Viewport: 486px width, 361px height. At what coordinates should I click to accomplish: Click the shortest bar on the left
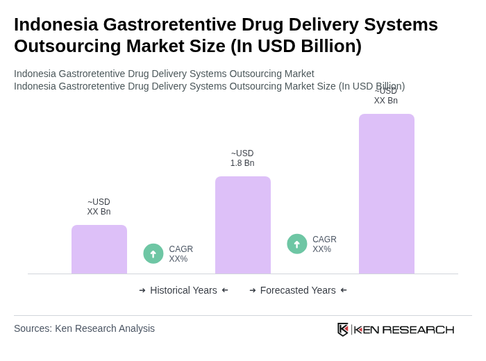tap(99, 249)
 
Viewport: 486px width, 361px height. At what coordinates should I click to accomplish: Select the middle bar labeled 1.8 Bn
tap(243, 225)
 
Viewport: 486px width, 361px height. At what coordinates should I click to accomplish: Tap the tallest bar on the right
tap(387, 194)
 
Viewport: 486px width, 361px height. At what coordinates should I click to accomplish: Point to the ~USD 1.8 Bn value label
tap(242, 158)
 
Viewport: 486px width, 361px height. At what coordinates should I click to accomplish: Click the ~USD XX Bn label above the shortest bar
tap(99, 207)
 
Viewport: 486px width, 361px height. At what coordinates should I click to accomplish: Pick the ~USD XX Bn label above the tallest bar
tap(386, 96)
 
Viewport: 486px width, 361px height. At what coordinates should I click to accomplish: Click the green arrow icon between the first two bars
tap(153, 253)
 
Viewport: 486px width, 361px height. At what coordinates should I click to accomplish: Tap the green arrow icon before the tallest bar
tap(297, 244)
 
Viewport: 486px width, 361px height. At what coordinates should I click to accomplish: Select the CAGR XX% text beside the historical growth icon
tap(181, 254)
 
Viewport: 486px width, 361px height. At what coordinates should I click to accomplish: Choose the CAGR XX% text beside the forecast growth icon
tap(324, 244)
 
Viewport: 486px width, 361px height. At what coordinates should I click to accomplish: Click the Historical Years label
tap(183, 290)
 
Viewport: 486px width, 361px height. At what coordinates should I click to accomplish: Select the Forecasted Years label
tap(298, 290)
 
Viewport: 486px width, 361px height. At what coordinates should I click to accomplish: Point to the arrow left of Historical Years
tap(142, 290)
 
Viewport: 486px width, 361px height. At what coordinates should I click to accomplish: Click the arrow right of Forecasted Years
tap(344, 290)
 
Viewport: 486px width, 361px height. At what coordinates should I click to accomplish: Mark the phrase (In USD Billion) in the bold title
tap(296, 46)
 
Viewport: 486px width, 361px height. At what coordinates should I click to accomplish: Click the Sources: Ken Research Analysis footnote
tap(84, 328)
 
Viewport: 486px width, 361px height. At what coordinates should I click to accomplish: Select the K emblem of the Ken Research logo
tap(343, 329)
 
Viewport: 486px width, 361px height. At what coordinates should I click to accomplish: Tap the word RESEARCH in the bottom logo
tap(418, 329)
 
